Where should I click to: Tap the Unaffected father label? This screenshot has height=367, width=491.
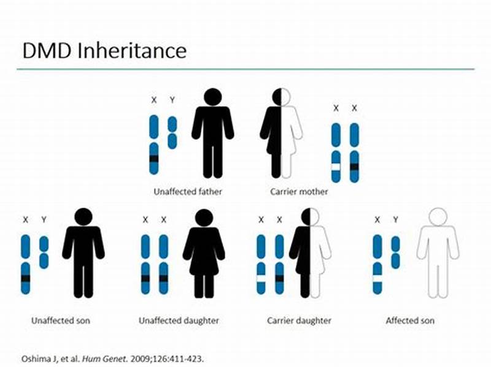click(187, 192)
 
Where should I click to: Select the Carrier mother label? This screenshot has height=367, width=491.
click(299, 192)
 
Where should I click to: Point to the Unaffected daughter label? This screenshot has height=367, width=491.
click(179, 320)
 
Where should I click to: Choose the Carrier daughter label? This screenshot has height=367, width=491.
click(299, 320)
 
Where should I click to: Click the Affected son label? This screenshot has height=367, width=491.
click(410, 320)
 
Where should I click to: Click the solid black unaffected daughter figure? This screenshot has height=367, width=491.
click(204, 254)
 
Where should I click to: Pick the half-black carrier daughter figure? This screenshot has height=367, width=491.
click(311, 254)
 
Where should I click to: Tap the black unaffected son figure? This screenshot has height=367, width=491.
click(83, 254)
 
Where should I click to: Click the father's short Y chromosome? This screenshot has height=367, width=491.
click(172, 132)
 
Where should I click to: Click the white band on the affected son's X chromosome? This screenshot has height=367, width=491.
click(377, 278)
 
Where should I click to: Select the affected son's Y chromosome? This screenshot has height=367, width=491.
click(395, 252)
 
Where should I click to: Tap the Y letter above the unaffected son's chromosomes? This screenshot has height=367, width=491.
click(44, 219)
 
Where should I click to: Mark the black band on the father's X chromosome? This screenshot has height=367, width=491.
click(154, 159)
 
